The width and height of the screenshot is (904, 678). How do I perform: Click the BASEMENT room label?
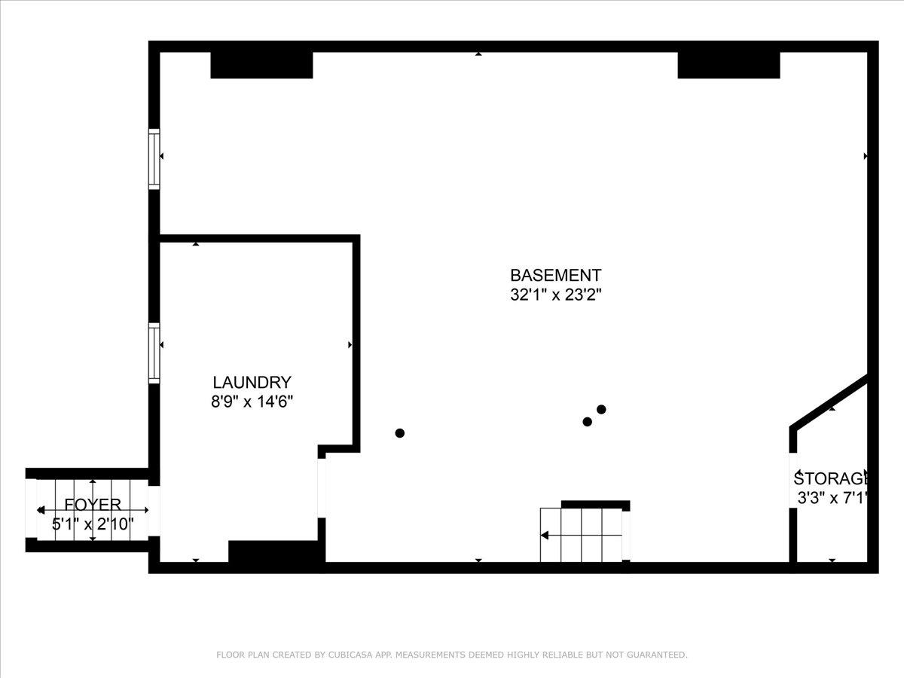555,275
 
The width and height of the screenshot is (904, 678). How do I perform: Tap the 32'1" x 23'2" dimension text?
555,295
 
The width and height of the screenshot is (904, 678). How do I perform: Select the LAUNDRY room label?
252,383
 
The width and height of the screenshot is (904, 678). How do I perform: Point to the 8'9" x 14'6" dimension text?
252,402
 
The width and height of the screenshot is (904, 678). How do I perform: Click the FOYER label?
93,504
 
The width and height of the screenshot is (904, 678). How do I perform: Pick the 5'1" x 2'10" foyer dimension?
93,524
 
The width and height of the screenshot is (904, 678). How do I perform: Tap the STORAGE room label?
831,478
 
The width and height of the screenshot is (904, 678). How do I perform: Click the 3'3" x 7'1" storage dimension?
832,498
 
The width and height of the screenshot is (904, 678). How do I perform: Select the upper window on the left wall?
154,159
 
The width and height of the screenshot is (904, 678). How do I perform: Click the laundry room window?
154,353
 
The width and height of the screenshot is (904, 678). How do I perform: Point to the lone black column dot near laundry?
399,433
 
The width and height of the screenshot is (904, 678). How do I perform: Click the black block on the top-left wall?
261,65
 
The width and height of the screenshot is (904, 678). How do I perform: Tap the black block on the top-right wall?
729,65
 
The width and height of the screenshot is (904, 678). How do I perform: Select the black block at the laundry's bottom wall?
276,551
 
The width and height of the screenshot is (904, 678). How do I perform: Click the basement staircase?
585,535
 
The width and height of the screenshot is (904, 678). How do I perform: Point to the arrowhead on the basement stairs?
545,536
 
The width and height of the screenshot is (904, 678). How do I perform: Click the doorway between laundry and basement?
322,488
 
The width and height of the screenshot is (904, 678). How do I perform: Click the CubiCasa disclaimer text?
452,655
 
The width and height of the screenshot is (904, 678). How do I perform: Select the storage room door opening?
793,481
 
